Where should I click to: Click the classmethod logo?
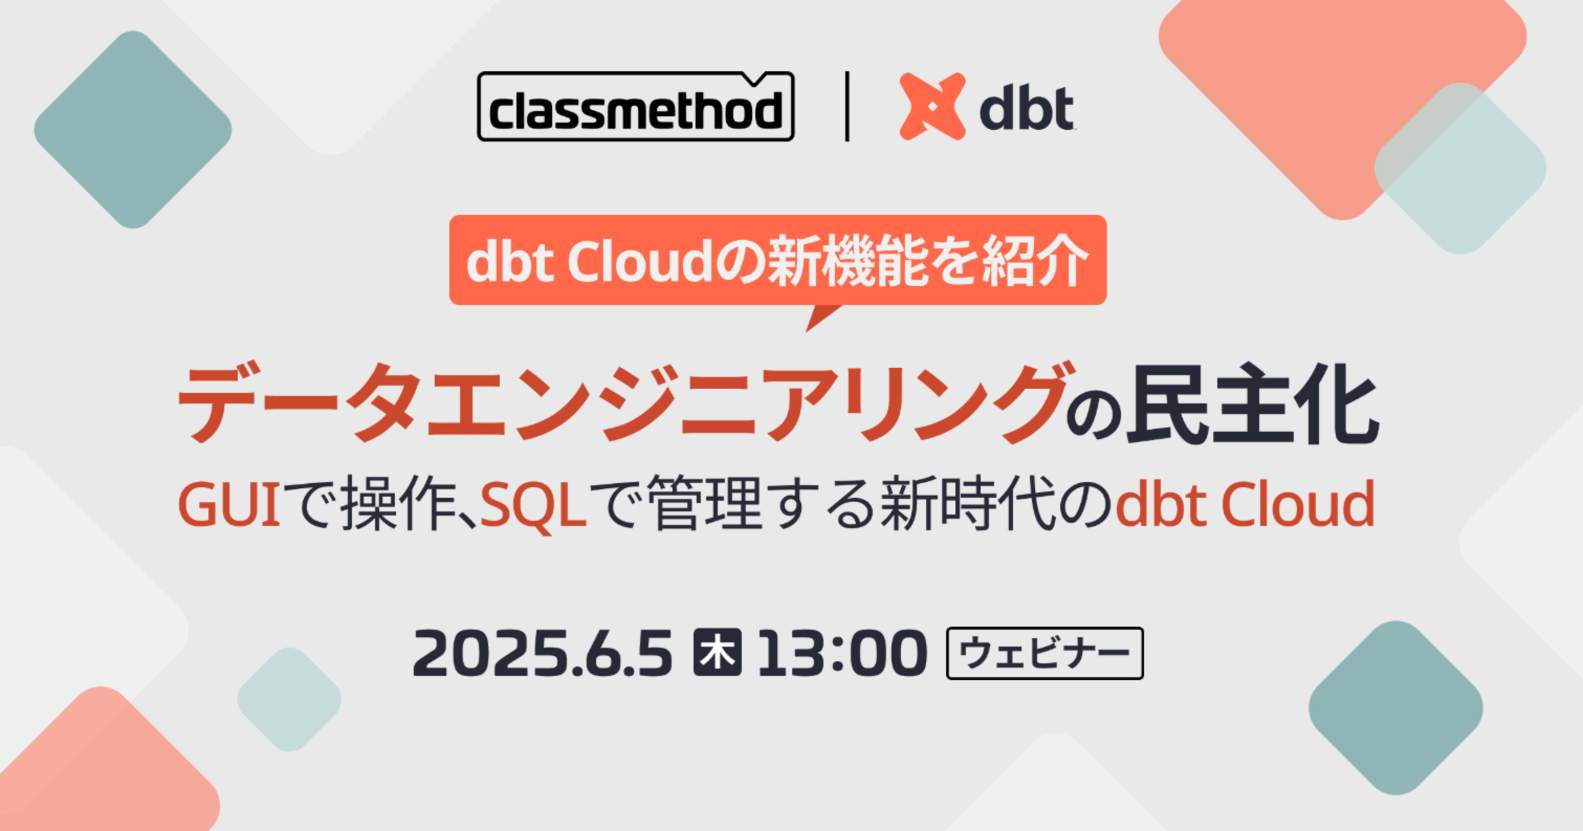(x=635, y=106)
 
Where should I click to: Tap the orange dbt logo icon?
(x=932, y=106)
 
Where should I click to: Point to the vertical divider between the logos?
(x=848, y=106)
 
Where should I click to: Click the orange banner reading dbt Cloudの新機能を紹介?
(x=778, y=259)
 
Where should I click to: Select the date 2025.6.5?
(x=543, y=653)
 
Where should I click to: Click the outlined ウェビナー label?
(x=1045, y=653)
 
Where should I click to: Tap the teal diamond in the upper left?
(x=133, y=129)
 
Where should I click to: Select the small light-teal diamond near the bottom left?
(x=289, y=699)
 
